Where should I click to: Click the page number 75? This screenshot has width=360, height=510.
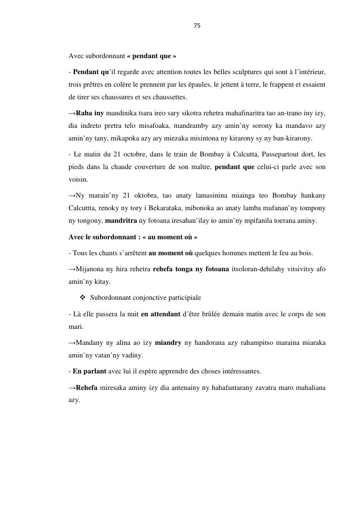pos(197,26)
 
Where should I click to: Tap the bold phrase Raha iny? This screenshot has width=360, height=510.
pos(90,113)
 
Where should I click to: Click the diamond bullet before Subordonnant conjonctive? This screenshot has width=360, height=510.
pos(82,297)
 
